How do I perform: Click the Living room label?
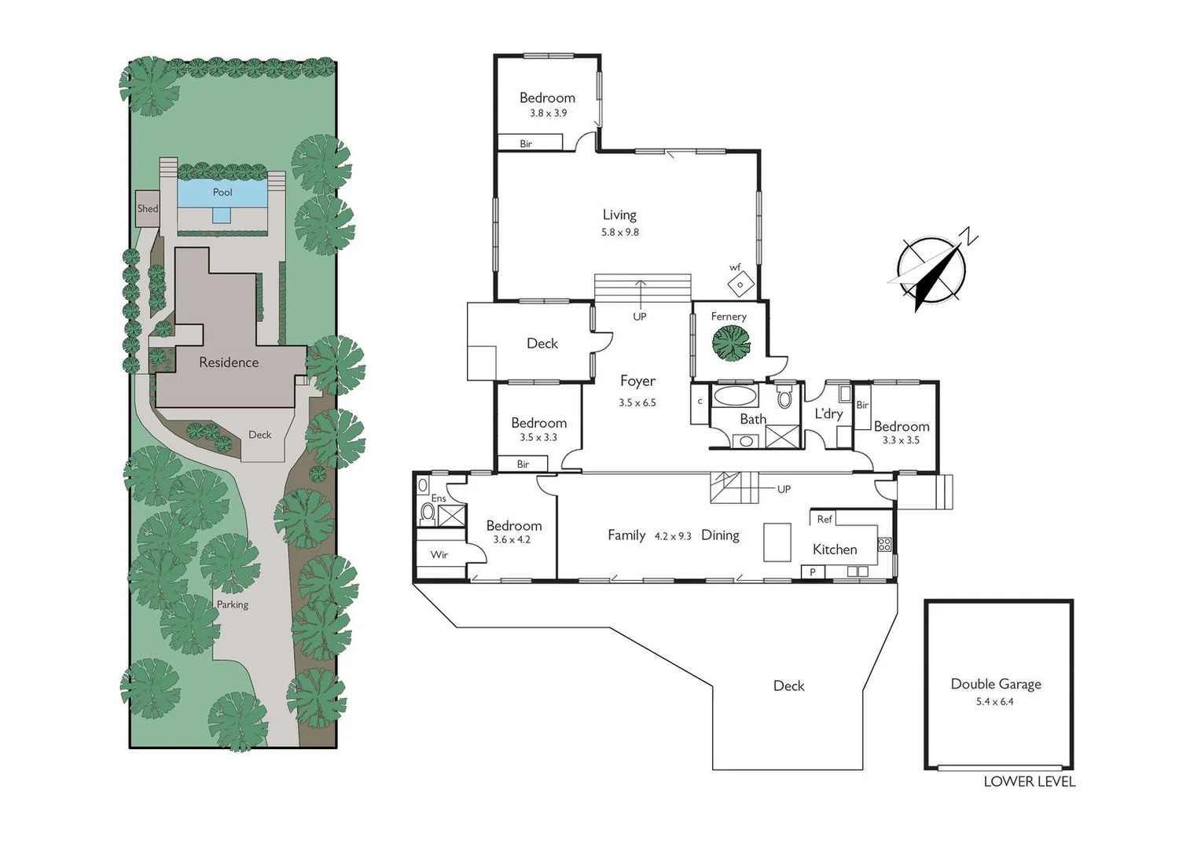[x=619, y=215]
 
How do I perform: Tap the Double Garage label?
[x=996, y=684]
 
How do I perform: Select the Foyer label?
[x=637, y=380]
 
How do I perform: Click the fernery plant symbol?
[x=731, y=344]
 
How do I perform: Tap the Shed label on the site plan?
[x=148, y=209]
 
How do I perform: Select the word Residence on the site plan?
[x=229, y=362]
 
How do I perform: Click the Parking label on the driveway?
[x=233, y=605]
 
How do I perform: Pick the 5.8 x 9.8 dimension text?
[x=620, y=233]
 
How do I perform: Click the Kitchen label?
[x=835, y=549]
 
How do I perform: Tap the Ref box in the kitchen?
[x=824, y=519]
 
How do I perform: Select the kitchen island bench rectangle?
[x=777, y=542]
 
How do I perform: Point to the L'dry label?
[x=828, y=413]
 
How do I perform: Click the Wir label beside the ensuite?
[x=439, y=555]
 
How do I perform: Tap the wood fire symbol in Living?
[x=740, y=284]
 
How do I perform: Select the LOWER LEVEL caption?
[x=1029, y=781]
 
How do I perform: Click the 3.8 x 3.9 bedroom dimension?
[x=548, y=113]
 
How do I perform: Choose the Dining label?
[x=720, y=535]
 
